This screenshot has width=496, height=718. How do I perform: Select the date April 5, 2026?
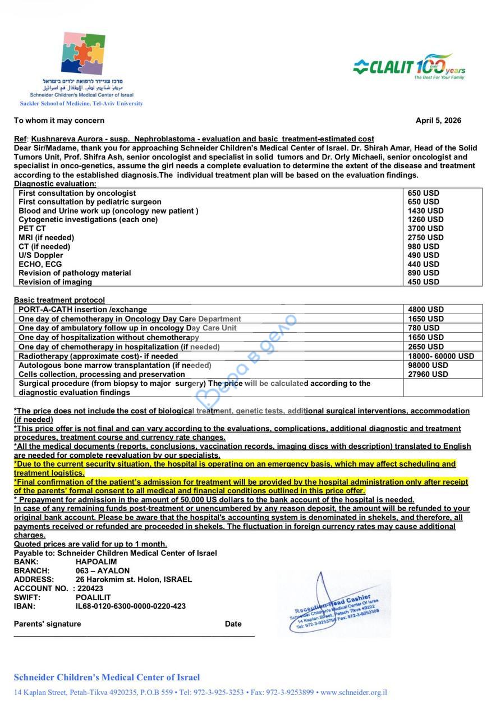point(438,121)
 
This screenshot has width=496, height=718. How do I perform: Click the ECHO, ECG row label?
point(40,264)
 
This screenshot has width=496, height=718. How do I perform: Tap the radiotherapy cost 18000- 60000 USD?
point(440,356)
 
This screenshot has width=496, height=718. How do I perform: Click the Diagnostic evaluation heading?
point(55,184)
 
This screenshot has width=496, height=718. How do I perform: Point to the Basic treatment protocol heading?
point(59,300)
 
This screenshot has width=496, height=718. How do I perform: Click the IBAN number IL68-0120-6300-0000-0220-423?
point(131,606)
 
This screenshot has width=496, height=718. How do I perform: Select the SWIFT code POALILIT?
point(93,597)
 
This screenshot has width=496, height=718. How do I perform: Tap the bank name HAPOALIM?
point(96,561)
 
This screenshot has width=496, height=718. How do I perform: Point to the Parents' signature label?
point(47,624)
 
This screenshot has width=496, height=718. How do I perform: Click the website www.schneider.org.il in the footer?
point(353,693)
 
